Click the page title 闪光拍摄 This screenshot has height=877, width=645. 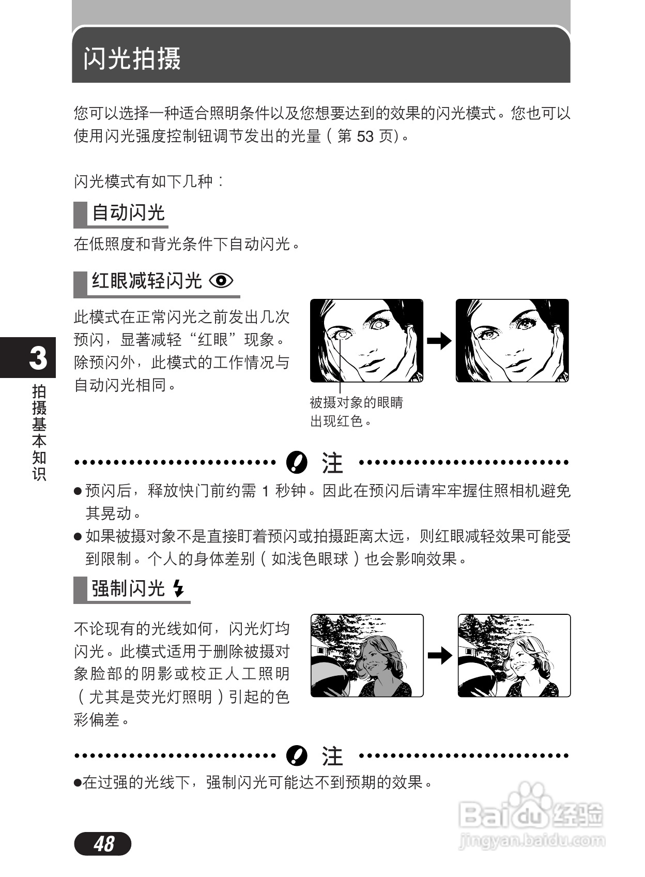point(132,58)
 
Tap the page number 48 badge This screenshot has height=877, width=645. point(103,844)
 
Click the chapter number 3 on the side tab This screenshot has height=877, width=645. point(38,358)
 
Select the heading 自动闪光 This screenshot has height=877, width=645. point(128,213)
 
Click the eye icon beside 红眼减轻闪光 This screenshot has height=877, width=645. point(221,281)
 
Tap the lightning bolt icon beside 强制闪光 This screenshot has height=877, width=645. point(178,588)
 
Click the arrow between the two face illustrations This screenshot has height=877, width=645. point(439,341)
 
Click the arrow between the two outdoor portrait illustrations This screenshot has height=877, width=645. point(440,656)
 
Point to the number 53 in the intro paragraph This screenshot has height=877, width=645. point(365,137)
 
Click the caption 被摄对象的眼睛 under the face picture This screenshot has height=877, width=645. point(356,402)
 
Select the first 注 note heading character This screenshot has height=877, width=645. point(332,463)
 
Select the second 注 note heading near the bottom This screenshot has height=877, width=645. point(332,756)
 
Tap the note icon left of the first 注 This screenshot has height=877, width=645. point(297,462)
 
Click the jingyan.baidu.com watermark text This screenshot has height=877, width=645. point(532,841)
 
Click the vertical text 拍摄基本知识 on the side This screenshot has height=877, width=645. point(39,432)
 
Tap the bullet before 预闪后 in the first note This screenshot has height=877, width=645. point(78,491)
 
